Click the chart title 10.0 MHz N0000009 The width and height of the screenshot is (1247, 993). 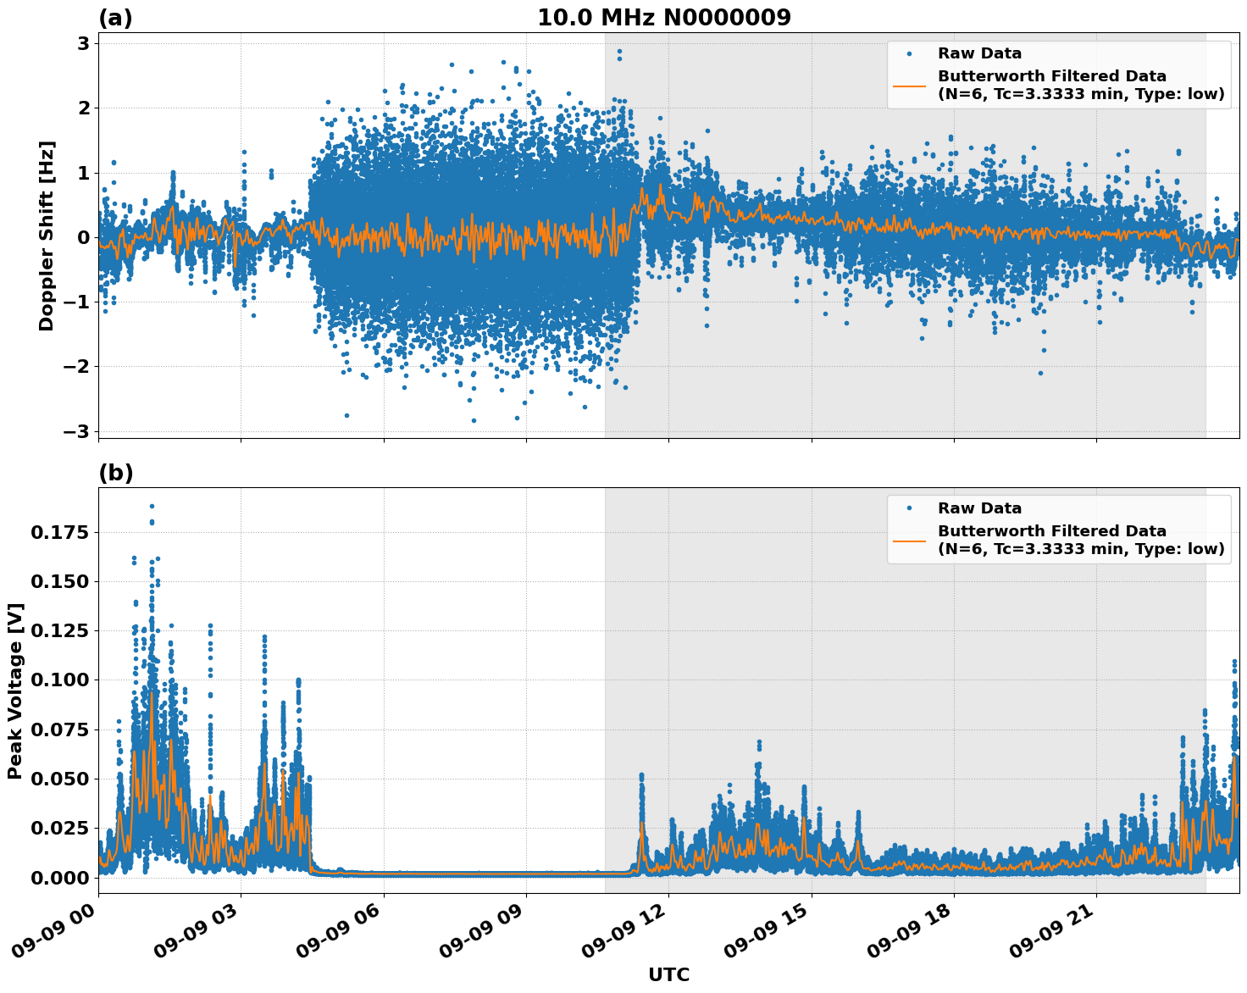click(x=663, y=18)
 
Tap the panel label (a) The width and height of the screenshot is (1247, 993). click(x=115, y=18)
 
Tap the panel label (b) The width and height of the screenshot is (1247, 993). click(x=115, y=473)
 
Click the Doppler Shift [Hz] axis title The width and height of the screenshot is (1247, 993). click(x=47, y=236)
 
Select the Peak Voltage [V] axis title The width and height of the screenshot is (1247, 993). click(x=15, y=691)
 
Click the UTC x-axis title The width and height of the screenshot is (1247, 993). click(x=668, y=974)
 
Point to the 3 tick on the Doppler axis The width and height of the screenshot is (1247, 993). click(x=83, y=43)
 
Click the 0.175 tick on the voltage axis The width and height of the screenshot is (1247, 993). click(x=65, y=532)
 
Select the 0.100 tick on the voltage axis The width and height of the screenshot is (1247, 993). click(x=65, y=680)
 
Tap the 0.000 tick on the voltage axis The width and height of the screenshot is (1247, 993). click(x=65, y=878)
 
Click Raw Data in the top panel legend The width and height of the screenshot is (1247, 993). click(x=979, y=53)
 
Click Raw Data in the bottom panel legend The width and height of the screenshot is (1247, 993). click(x=979, y=508)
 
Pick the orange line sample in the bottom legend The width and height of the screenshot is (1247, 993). click(x=909, y=540)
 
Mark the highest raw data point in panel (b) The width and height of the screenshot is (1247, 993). click(x=152, y=506)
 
